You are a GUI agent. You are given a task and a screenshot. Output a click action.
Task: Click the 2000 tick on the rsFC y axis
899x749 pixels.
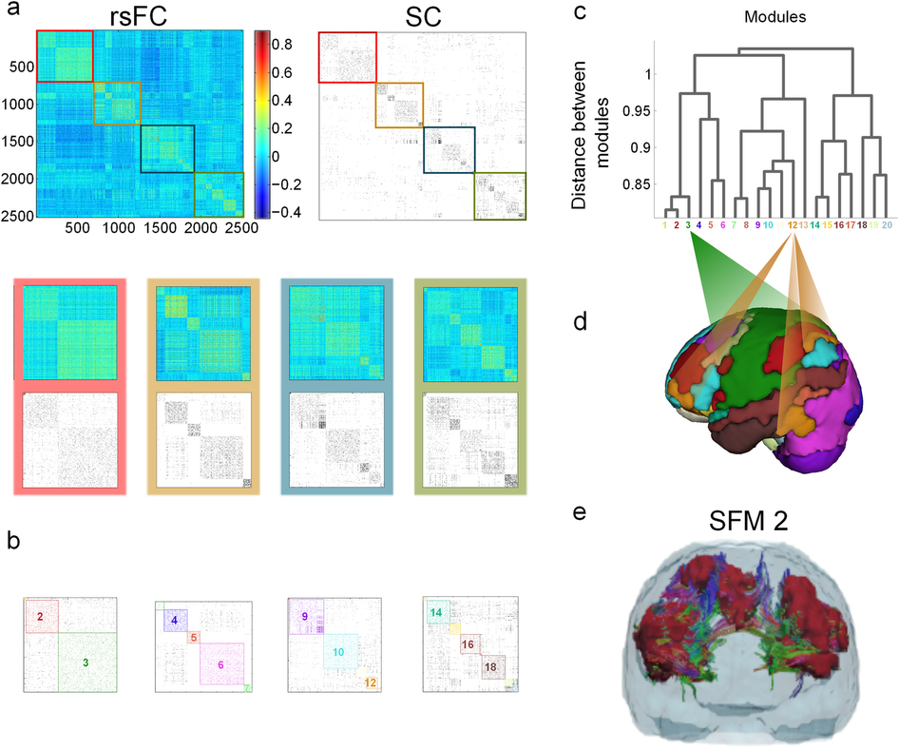pyautogui.click(x=19, y=179)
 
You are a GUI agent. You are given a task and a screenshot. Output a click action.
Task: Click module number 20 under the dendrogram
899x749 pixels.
pyautogui.click(x=886, y=225)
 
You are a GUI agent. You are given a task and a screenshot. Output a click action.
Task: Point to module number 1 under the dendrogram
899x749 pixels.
pyautogui.click(x=665, y=225)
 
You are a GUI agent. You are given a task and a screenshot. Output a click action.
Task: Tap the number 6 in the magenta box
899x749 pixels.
pyautogui.click(x=220, y=664)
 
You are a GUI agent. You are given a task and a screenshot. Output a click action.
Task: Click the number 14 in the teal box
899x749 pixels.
pyautogui.click(x=435, y=613)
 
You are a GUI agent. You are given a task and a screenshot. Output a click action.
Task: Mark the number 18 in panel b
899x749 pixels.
pyautogui.click(x=490, y=667)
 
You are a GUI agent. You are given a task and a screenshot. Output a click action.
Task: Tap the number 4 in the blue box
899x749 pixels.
pyautogui.click(x=174, y=621)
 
